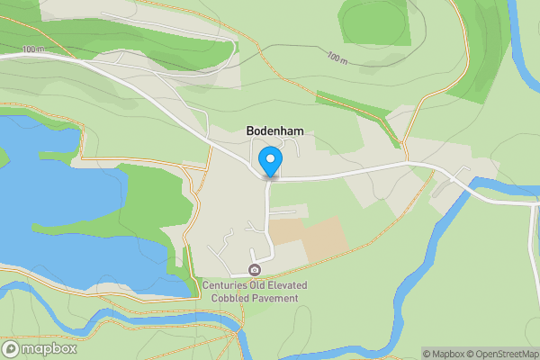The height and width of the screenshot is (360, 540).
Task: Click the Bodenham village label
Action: click(x=274, y=130)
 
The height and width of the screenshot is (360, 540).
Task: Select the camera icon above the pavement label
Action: click(x=255, y=271)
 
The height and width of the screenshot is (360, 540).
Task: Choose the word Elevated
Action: click(x=284, y=286)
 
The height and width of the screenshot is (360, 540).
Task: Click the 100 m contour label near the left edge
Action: click(x=33, y=49)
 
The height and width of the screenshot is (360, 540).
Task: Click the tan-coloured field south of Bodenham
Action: click(x=309, y=236)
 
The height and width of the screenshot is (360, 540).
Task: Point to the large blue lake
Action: click(x=54, y=207)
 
